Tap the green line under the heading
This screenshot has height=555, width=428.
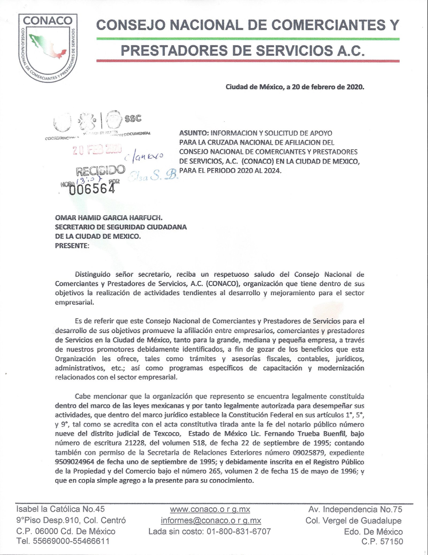(247, 39)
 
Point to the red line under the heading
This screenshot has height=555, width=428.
(247, 61)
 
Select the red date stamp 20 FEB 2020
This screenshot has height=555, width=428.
(97, 150)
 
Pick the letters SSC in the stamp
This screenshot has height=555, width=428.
(133, 118)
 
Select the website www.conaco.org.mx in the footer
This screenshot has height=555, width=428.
(210, 509)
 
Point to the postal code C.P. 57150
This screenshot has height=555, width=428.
(382, 542)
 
